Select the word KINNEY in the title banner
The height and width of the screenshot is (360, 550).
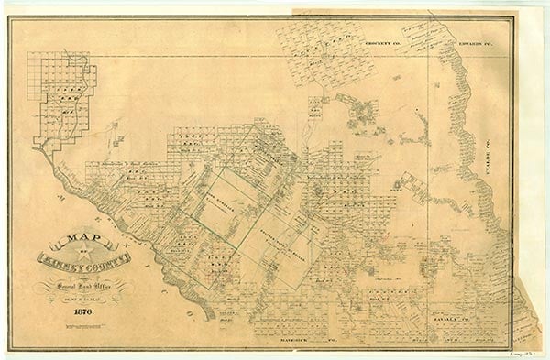point(61,260)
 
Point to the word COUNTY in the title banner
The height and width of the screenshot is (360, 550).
point(107,259)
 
